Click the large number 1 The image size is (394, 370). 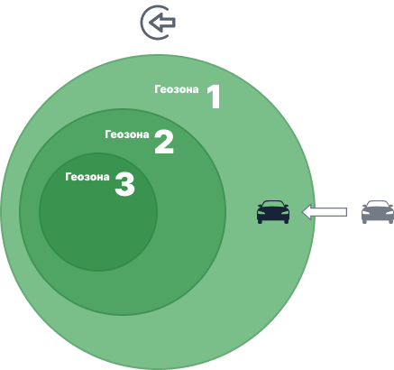[215, 97]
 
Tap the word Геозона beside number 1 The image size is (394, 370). [177, 89]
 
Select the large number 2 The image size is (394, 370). [164, 142]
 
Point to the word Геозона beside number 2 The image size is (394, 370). [127, 134]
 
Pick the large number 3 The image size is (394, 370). [124, 184]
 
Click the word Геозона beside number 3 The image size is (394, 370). [87, 177]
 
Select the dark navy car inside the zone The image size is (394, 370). [273, 212]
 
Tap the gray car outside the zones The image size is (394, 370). [378, 212]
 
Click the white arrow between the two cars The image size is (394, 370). [325, 212]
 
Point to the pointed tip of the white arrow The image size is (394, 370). [302, 212]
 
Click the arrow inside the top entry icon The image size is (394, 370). [162, 23]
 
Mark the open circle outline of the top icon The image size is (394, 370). [142, 23]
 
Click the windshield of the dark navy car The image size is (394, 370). [273, 205]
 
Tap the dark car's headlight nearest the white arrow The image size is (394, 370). [284, 213]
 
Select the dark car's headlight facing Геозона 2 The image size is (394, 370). [261, 213]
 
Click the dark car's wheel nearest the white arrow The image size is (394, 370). [287, 221]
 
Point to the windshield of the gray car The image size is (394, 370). [378, 205]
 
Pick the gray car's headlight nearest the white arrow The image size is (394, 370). [366, 213]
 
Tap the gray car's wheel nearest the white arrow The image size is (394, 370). [364, 221]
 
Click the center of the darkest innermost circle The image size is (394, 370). [98, 212]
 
